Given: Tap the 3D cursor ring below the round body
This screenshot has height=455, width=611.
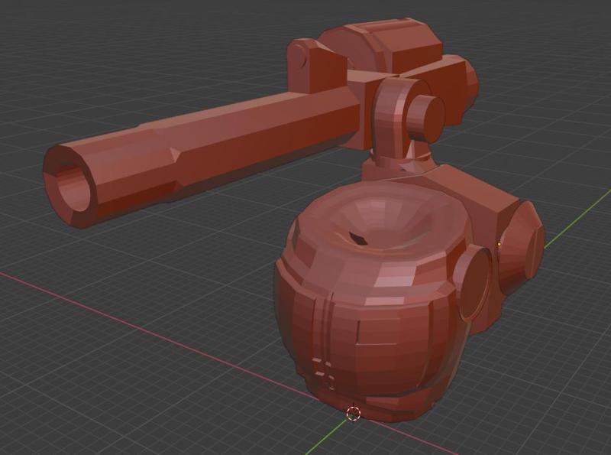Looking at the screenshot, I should point(353,413).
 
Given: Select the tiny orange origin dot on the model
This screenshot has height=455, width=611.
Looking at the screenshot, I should point(499,245).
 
